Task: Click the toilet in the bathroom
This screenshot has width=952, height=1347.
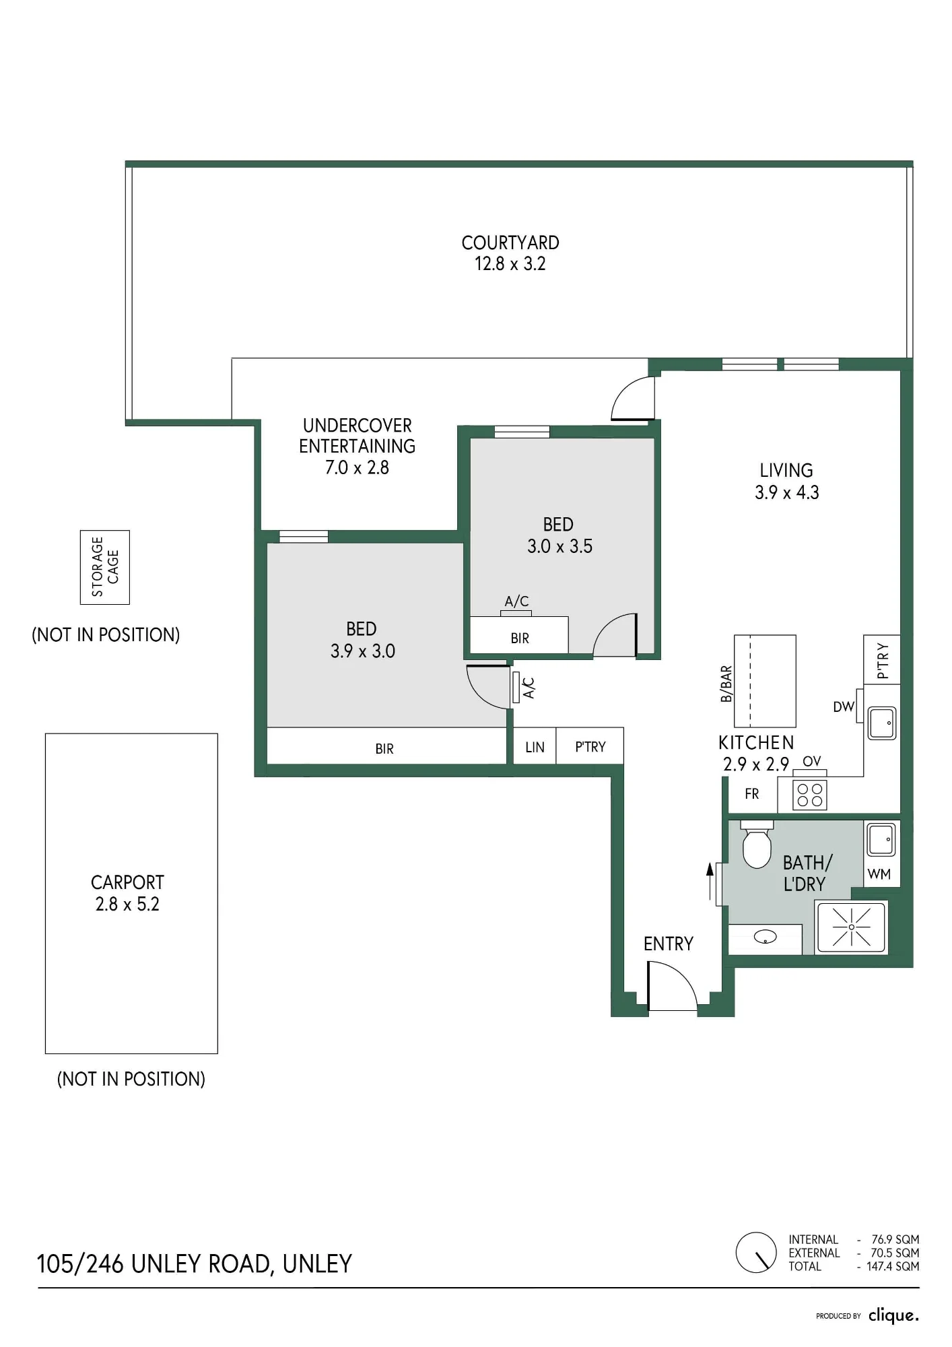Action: (757, 845)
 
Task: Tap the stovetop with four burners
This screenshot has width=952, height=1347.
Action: (809, 795)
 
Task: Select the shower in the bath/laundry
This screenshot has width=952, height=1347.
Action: (852, 927)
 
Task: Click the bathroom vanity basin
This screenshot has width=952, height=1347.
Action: (766, 937)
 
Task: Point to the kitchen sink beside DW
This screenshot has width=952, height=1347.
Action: (882, 723)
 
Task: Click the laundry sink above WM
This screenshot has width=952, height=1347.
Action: (881, 840)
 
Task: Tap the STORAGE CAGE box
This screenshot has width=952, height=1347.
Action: (105, 567)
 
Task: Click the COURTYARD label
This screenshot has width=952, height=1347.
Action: (510, 243)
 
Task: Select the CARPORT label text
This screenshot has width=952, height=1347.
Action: (127, 882)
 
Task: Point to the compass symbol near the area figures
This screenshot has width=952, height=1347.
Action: (756, 1253)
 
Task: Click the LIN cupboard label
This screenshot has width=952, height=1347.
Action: (535, 747)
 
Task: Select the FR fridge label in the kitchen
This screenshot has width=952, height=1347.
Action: (752, 794)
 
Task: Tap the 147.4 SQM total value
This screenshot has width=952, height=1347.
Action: (893, 1267)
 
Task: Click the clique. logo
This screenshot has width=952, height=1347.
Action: (893, 1315)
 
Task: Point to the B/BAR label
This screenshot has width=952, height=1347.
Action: (726, 684)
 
